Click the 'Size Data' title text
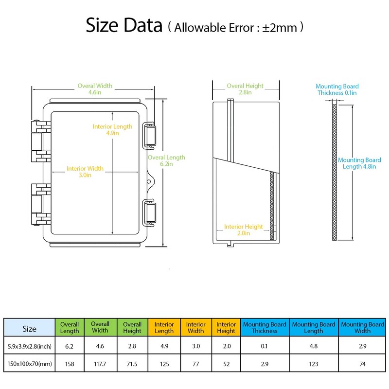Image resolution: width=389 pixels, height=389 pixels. click(x=124, y=25)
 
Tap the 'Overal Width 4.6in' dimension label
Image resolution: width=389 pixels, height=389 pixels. click(x=95, y=89)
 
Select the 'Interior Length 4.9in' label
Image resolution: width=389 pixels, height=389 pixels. click(x=112, y=130)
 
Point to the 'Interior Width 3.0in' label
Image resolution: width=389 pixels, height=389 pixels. click(x=85, y=172)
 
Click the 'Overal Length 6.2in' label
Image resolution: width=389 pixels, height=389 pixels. click(x=166, y=160)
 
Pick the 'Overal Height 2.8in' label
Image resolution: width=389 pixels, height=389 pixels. click(x=245, y=89)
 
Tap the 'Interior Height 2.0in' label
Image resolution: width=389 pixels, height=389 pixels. click(x=244, y=230)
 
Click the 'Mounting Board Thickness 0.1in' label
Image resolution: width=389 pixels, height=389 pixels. click(x=337, y=89)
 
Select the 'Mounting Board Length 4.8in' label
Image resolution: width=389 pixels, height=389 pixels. click(x=359, y=163)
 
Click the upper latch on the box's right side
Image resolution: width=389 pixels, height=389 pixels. click(x=149, y=136)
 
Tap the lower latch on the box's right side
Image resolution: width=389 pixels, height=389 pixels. click(x=149, y=212)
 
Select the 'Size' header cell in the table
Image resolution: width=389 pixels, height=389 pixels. click(x=29, y=329)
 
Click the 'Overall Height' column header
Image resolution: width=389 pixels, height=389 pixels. click(x=132, y=327)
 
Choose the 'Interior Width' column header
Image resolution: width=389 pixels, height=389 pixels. click(x=196, y=327)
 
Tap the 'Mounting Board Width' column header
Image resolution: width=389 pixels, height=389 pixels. click(x=362, y=327)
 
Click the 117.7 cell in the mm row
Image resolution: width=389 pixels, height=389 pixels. click(x=100, y=364)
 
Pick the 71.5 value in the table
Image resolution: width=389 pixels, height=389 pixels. click(x=132, y=364)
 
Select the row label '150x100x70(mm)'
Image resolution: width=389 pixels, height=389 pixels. click(x=30, y=364)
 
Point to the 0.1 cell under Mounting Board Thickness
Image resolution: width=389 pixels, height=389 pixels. click(x=264, y=346)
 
